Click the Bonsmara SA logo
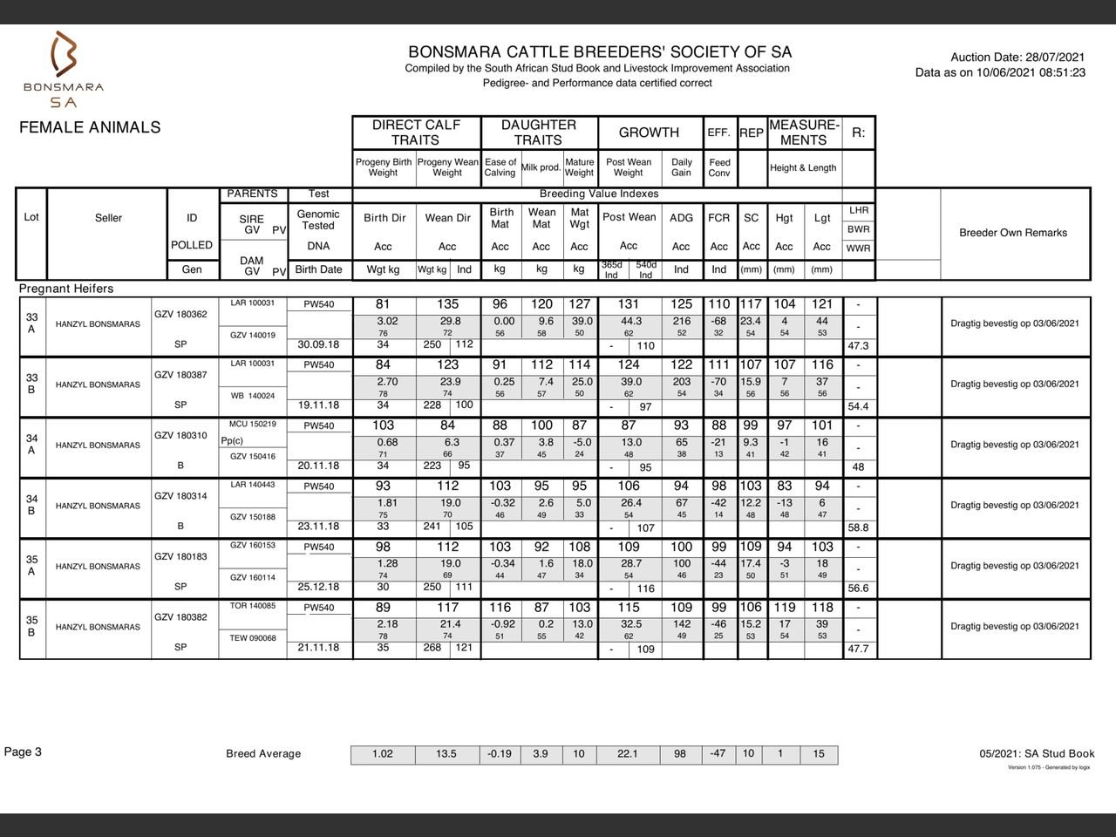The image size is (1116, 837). [x=64, y=69]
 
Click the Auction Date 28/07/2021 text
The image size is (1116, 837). [x=1017, y=58]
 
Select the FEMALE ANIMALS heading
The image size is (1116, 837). [x=90, y=127]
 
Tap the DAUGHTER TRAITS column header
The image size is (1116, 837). [x=538, y=133]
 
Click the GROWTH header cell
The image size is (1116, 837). [x=649, y=133]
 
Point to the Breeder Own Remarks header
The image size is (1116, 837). [x=1013, y=233]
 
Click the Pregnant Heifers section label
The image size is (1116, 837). [x=66, y=289]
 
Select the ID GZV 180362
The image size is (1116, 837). [x=180, y=315]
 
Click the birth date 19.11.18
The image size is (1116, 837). [x=318, y=405]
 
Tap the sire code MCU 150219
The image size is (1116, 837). [x=253, y=425]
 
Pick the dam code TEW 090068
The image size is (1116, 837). [x=253, y=638]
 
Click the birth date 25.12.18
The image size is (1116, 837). [x=318, y=587]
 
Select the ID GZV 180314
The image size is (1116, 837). [x=180, y=496]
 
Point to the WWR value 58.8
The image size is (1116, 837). [x=858, y=528]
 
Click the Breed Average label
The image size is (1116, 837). [x=263, y=754]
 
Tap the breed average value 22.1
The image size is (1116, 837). [x=628, y=754]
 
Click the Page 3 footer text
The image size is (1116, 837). [x=23, y=752]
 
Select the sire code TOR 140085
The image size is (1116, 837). [x=253, y=606]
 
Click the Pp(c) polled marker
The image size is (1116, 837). [x=232, y=441]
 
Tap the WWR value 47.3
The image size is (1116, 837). [x=858, y=346]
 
